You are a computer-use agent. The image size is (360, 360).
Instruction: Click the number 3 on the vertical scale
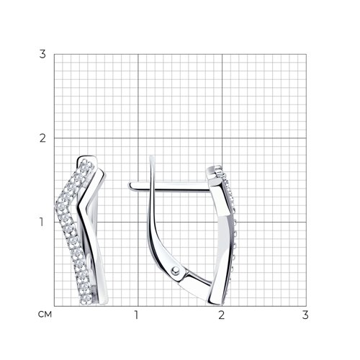[42, 54]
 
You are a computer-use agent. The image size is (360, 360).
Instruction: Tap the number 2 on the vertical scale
[42, 138]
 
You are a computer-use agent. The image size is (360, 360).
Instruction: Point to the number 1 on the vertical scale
[42, 222]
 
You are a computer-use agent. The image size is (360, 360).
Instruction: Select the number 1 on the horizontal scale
[137, 315]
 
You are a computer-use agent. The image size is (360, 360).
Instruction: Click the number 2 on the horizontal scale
[222, 315]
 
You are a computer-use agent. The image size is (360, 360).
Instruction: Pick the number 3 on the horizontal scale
[305, 315]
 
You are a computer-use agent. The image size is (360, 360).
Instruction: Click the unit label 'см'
[45, 315]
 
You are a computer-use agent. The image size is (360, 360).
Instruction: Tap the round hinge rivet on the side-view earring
[176, 271]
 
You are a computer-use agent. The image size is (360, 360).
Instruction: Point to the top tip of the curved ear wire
[151, 156]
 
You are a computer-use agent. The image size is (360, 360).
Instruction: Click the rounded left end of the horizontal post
[131, 186]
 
